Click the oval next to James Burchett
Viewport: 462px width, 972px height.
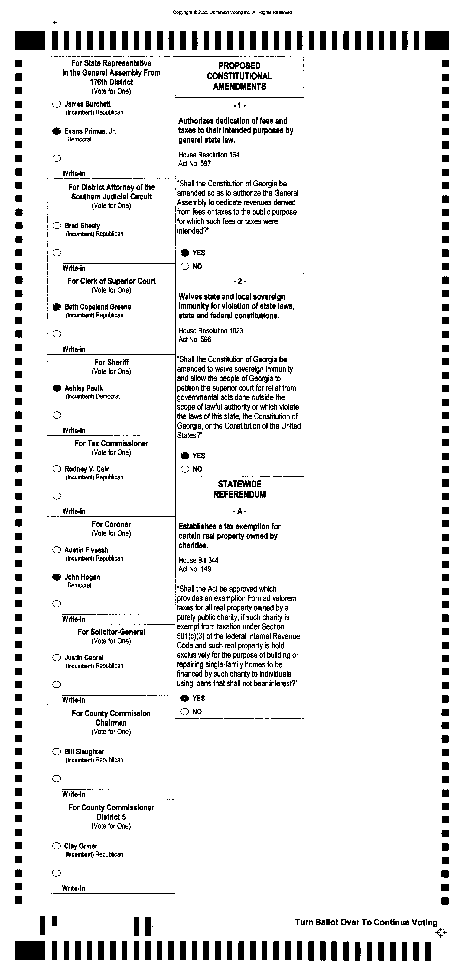coord(57,104)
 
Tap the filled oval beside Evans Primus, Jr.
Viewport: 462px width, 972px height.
coord(57,131)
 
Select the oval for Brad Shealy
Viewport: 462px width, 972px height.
coord(57,226)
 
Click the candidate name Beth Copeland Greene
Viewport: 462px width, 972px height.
coord(97,307)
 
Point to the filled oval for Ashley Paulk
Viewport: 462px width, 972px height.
coord(57,388)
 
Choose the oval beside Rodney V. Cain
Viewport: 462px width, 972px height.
coord(57,469)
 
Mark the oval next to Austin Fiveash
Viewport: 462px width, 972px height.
coord(57,550)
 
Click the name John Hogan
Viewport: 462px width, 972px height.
coord(82,577)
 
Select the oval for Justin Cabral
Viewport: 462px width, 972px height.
coord(57,658)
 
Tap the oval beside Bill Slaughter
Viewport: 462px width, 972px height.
coord(57,752)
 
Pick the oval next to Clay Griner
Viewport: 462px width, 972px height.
coord(57,846)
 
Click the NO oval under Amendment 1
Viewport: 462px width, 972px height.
coord(185,266)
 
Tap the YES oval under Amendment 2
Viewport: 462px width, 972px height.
coord(185,456)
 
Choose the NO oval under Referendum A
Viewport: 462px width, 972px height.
coord(185,712)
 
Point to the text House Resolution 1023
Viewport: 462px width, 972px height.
coord(211,331)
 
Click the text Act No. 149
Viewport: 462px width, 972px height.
coord(194,569)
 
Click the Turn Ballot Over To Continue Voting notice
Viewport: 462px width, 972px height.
coord(366,922)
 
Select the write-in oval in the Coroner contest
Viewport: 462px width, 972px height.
coord(57,604)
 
